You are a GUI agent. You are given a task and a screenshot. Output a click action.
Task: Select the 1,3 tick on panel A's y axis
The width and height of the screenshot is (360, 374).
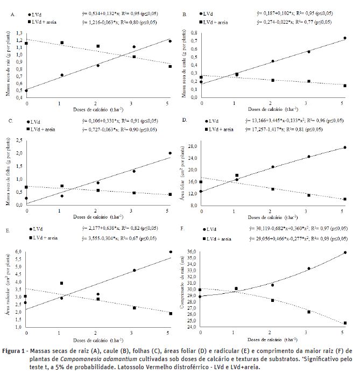[20, 33]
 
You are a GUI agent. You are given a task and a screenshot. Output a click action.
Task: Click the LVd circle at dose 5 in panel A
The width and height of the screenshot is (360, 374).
[170, 41]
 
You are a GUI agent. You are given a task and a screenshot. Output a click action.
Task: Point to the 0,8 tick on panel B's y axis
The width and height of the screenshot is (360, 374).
[194, 33]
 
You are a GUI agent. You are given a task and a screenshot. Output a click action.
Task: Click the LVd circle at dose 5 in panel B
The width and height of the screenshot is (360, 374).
[344, 38]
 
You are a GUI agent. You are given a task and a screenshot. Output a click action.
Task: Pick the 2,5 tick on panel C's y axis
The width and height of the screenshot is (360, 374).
[20, 140]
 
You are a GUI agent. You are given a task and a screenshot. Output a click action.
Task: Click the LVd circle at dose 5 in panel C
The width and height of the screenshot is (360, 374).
[170, 153]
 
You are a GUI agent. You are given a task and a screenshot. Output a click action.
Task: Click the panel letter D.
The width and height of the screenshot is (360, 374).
[185, 122]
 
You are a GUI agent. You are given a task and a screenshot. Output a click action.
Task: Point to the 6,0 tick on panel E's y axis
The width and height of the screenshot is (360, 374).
[20, 252]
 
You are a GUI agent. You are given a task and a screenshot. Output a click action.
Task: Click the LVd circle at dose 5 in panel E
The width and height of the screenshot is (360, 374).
[170, 252]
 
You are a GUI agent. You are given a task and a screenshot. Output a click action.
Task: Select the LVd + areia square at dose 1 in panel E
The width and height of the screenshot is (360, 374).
[62, 283]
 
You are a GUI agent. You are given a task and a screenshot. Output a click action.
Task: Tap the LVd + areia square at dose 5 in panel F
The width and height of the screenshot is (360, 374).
[344, 323]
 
